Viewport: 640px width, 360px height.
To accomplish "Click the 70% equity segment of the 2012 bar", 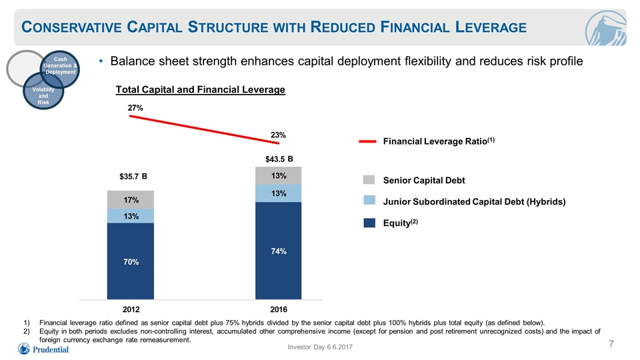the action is coord(131,261).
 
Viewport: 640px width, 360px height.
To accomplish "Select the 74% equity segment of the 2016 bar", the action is coord(279,251).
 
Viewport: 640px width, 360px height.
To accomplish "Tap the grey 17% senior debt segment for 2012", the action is coord(131,199).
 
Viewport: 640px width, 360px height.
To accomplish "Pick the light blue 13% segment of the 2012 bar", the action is coord(131,216).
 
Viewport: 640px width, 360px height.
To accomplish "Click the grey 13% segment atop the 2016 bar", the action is coord(279,175).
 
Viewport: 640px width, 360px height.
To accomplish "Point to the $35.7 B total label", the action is coord(133,176).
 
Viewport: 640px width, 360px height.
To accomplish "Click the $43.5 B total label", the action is coord(279,159).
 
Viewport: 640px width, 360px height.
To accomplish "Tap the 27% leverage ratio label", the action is coord(135,108).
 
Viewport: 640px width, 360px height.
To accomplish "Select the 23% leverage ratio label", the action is coord(278,135).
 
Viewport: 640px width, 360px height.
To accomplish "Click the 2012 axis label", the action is coord(131,309).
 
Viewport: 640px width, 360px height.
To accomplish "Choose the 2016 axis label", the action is coord(279,309).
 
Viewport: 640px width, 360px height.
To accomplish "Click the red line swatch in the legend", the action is coord(367,141).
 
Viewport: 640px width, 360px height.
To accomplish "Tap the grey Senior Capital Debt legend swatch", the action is coord(369,180).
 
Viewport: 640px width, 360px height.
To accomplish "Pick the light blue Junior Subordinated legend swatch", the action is coord(369,200).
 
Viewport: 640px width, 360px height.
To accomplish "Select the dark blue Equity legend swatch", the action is coord(369,223).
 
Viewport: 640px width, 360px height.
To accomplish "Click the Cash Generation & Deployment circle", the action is coord(60,69).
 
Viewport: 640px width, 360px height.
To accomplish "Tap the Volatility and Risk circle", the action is coord(43,91).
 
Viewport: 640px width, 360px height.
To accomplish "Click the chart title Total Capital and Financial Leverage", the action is coord(201,90).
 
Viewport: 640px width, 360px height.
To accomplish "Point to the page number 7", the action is coord(611,344).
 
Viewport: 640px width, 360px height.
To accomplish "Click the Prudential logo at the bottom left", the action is coord(43,349).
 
